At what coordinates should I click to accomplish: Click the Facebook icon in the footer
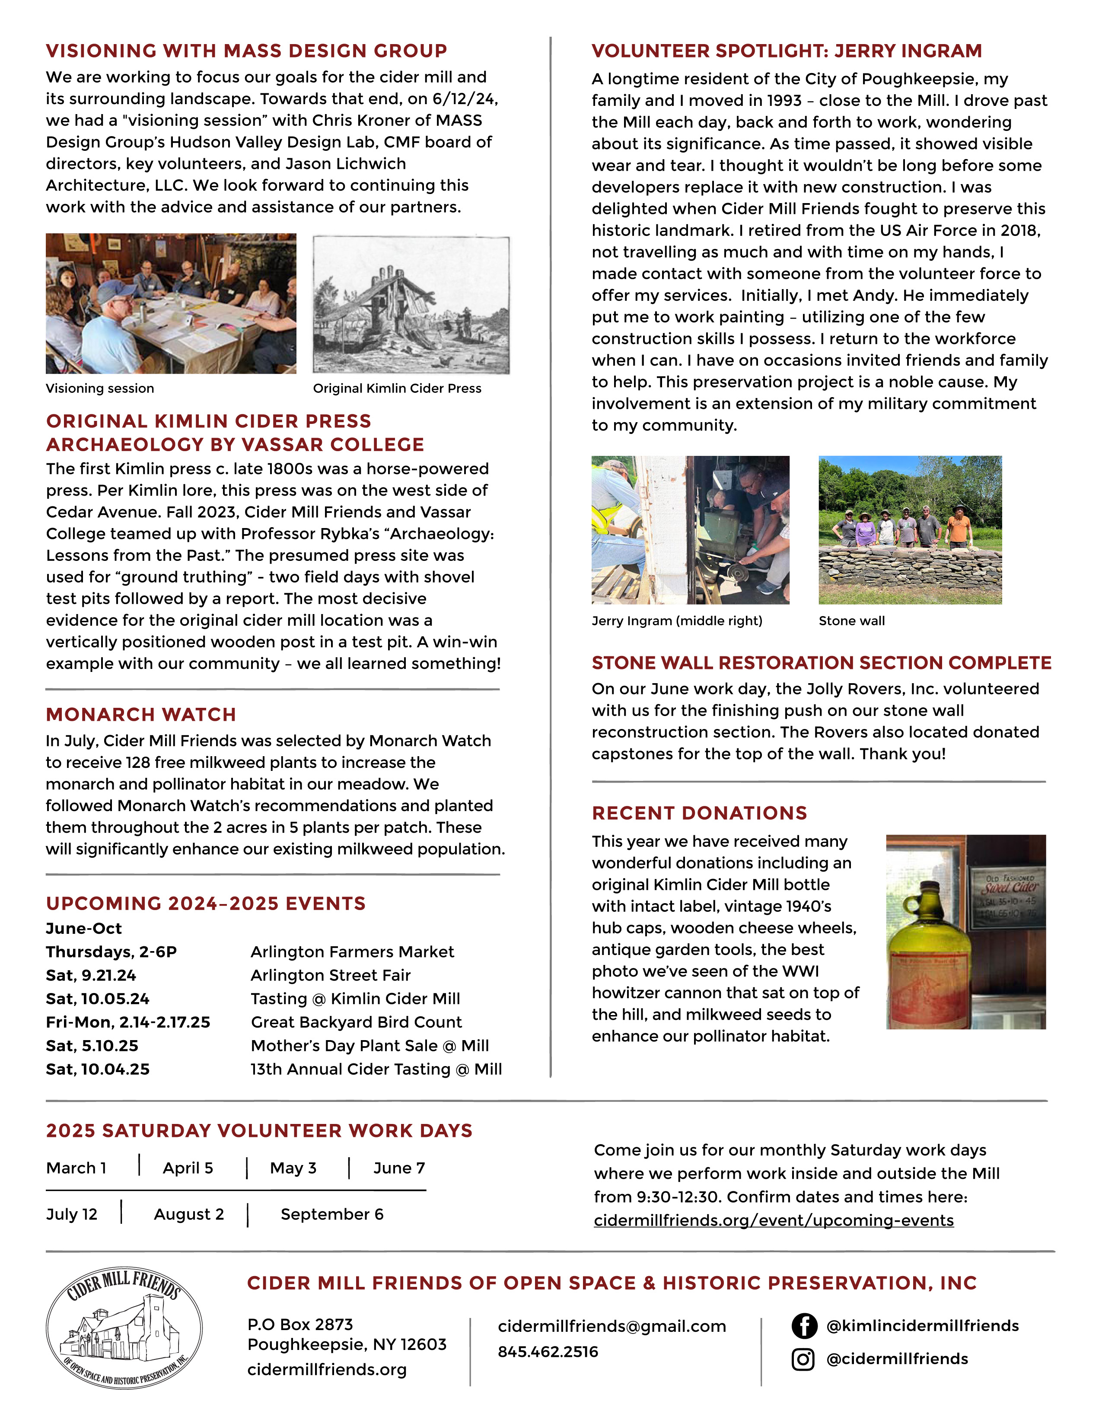click(x=804, y=1326)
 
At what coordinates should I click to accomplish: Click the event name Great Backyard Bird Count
click(x=356, y=1022)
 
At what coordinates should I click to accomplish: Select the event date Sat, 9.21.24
click(x=91, y=975)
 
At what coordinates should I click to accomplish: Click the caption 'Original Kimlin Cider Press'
click(x=397, y=388)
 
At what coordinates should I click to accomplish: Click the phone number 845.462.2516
click(x=548, y=1352)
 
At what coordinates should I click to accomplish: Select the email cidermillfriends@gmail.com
click(x=612, y=1326)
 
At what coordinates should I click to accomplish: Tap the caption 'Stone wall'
click(x=851, y=621)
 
